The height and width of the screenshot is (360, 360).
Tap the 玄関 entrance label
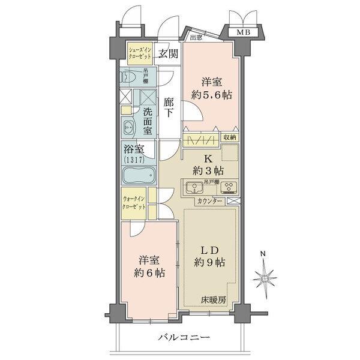pyautogui.click(x=168, y=53)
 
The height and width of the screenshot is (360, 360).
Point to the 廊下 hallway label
pyautogui.click(x=169, y=107)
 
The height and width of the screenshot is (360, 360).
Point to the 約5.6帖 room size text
pyautogui.click(x=212, y=95)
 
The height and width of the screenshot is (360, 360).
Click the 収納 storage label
pyautogui.click(x=230, y=137)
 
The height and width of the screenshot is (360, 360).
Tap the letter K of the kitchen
pyautogui.click(x=207, y=160)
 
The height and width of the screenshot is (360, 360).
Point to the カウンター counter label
pyautogui.click(x=210, y=200)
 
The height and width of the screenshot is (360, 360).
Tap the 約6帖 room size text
pyautogui.click(x=149, y=273)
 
